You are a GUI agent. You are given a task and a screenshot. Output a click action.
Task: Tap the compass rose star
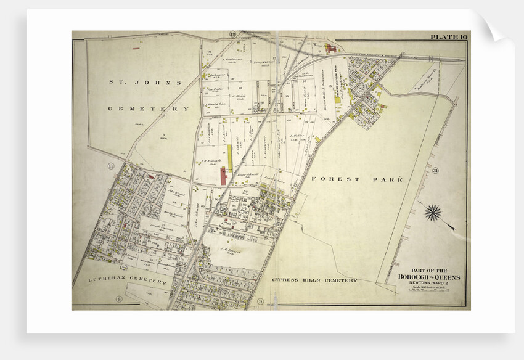[x=433, y=212]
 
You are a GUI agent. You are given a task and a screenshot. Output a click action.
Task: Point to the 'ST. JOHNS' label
[x=145, y=82]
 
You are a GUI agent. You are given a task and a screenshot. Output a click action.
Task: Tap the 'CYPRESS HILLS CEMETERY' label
[x=314, y=280]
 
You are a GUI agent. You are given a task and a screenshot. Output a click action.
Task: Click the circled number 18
[x=232, y=34]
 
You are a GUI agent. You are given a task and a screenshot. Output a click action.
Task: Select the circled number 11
[x=112, y=166]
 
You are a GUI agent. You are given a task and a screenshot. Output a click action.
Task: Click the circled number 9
[x=260, y=301]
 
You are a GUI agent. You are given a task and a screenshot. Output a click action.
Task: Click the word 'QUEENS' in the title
[x=447, y=277]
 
